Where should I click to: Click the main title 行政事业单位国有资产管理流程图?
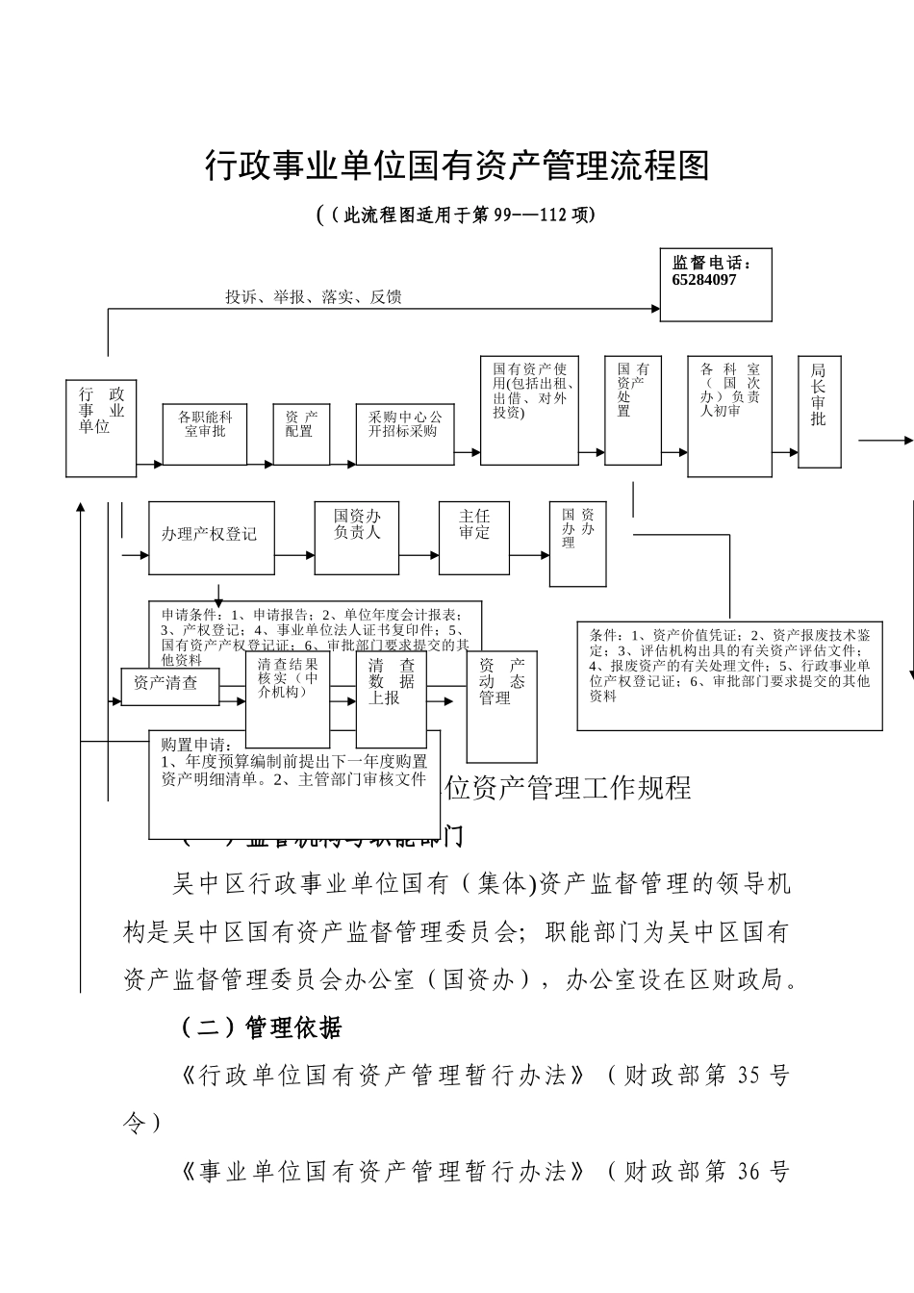pyautogui.click(x=457, y=166)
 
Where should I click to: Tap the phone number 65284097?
pyautogui.click(x=704, y=280)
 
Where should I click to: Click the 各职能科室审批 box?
pyautogui.click(x=205, y=434)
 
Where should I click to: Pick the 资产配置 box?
pyautogui.click(x=300, y=434)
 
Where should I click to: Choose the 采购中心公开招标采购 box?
pyautogui.click(x=405, y=434)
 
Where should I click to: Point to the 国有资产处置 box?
pyautogui.click(x=633, y=409)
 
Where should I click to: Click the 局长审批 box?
pyautogui.click(x=819, y=412)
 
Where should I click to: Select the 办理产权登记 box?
pyautogui.click(x=211, y=537)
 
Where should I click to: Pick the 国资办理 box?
pyautogui.click(x=577, y=544)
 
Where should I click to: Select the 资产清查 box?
pyautogui.click(x=169, y=685)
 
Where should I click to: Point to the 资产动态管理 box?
pyautogui.click(x=501, y=706)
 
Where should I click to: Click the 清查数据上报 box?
pyautogui.click(x=391, y=699)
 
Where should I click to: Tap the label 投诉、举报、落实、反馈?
pyautogui.click(x=314, y=297)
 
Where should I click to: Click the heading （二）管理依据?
pyautogui.click(x=261, y=1027)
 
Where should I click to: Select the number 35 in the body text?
pyautogui.click(x=749, y=1076)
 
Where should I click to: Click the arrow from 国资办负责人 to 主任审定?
pyautogui.click(x=419, y=555)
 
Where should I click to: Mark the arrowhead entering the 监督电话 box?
pyautogui.click(x=653, y=309)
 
